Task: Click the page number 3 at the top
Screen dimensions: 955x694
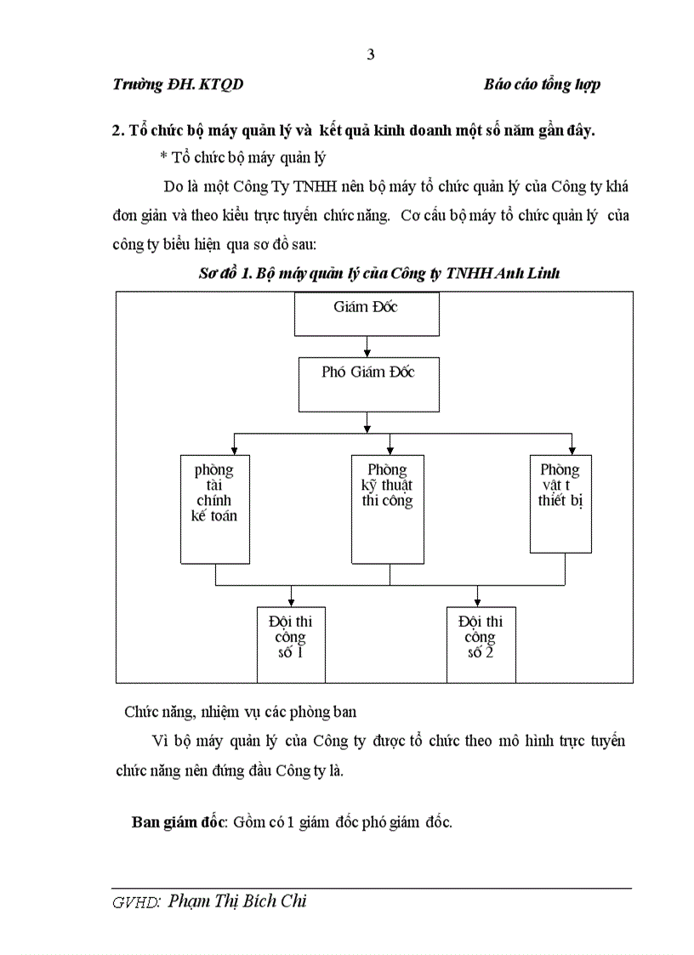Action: click(370, 55)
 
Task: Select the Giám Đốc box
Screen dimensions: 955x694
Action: click(366, 314)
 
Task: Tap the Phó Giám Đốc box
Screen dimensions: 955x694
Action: click(367, 383)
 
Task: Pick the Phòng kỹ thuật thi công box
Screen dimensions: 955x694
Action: click(388, 509)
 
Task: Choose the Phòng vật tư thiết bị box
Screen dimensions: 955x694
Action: click(560, 503)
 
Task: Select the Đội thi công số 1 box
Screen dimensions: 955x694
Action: click(291, 644)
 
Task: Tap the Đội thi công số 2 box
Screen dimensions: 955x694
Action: click(481, 644)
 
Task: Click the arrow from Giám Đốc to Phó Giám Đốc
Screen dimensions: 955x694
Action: click(367, 346)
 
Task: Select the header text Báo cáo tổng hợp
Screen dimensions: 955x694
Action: click(542, 85)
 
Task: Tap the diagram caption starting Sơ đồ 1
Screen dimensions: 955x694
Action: click(378, 274)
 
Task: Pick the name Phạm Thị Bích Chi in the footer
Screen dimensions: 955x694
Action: click(237, 901)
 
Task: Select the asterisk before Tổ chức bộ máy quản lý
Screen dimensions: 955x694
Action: click(163, 157)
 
